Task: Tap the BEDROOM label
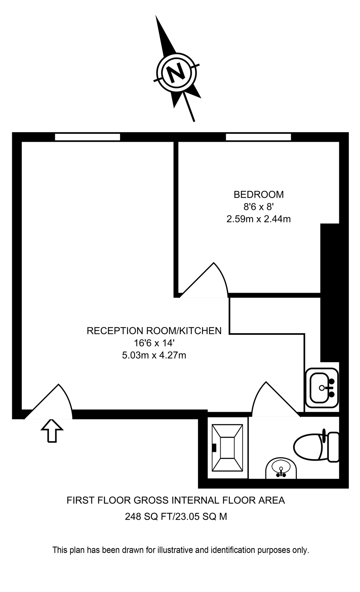click(258, 195)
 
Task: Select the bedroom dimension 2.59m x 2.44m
click(258, 219)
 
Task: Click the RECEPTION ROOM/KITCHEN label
click(154, 331)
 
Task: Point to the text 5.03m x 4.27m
click(154, 356)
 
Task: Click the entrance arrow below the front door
click(52, 431)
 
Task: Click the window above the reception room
click(87, 137)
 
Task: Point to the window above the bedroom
click(258, 137)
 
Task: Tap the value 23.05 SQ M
click(201, 517)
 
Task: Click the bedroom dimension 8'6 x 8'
click(258, 207)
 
